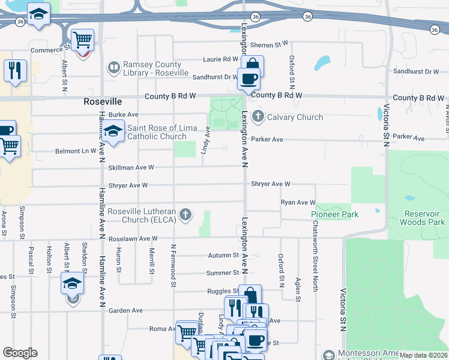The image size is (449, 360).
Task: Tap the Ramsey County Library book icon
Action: point(113,68)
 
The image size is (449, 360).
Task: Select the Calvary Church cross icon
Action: point(258,117)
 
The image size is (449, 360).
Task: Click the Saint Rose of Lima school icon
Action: point(112,131)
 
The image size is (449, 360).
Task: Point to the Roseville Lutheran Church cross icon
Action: point(186,214)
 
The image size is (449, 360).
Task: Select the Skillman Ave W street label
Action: point(131,168)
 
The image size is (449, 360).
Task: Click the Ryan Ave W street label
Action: point(298,203)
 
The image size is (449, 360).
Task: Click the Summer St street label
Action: point(223,273)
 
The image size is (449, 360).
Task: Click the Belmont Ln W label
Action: point(75,151)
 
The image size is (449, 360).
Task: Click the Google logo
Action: point(20,353)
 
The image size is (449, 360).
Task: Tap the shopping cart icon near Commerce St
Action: point(83,40)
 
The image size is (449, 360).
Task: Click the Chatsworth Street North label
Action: point(315,255)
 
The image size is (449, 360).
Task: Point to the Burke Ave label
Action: point(124,114)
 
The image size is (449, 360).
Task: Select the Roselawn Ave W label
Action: point(133,239)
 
